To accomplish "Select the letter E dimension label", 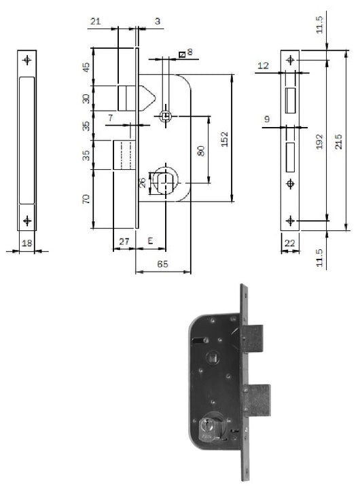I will click(149, 240).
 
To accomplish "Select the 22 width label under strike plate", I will click(291, 242).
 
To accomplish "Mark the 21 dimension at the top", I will click(95, 22).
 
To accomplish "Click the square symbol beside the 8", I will click(181, 53).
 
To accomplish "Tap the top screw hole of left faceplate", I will click(27, 60).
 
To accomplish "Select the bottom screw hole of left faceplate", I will click(27, 220).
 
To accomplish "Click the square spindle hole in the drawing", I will click(164, 116).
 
